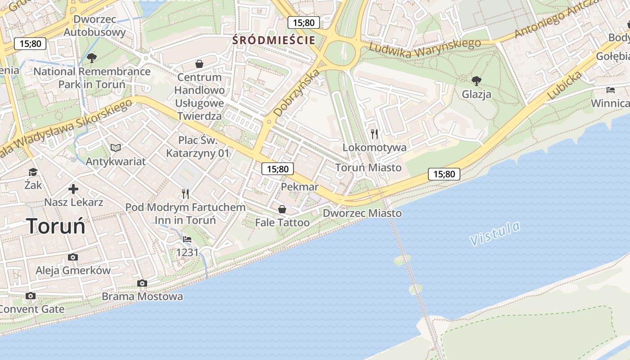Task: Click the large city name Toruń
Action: (x=56, y=225)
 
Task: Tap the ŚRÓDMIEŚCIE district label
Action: (x=274, y=40)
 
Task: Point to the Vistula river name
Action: (x=495, y=234)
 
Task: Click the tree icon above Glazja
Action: (x=476, y=81)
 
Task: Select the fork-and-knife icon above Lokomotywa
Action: (x=374, y=134)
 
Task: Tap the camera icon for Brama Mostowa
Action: (x=142, y=283)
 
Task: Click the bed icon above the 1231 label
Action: (x=187, y=239)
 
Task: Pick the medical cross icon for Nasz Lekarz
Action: (x=73, y=189)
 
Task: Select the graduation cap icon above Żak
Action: (x=33, y=172)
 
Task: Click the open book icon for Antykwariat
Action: (x=116, y=148)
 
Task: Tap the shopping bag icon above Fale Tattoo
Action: (x=282, y=209)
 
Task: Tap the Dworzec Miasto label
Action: (x=362, y=213)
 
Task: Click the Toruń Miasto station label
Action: (x=368, y=167)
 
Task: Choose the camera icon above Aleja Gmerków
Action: (x=73, y=257)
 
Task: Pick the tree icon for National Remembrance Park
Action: (x=92, y=58)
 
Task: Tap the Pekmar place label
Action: (x=299, y=187)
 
